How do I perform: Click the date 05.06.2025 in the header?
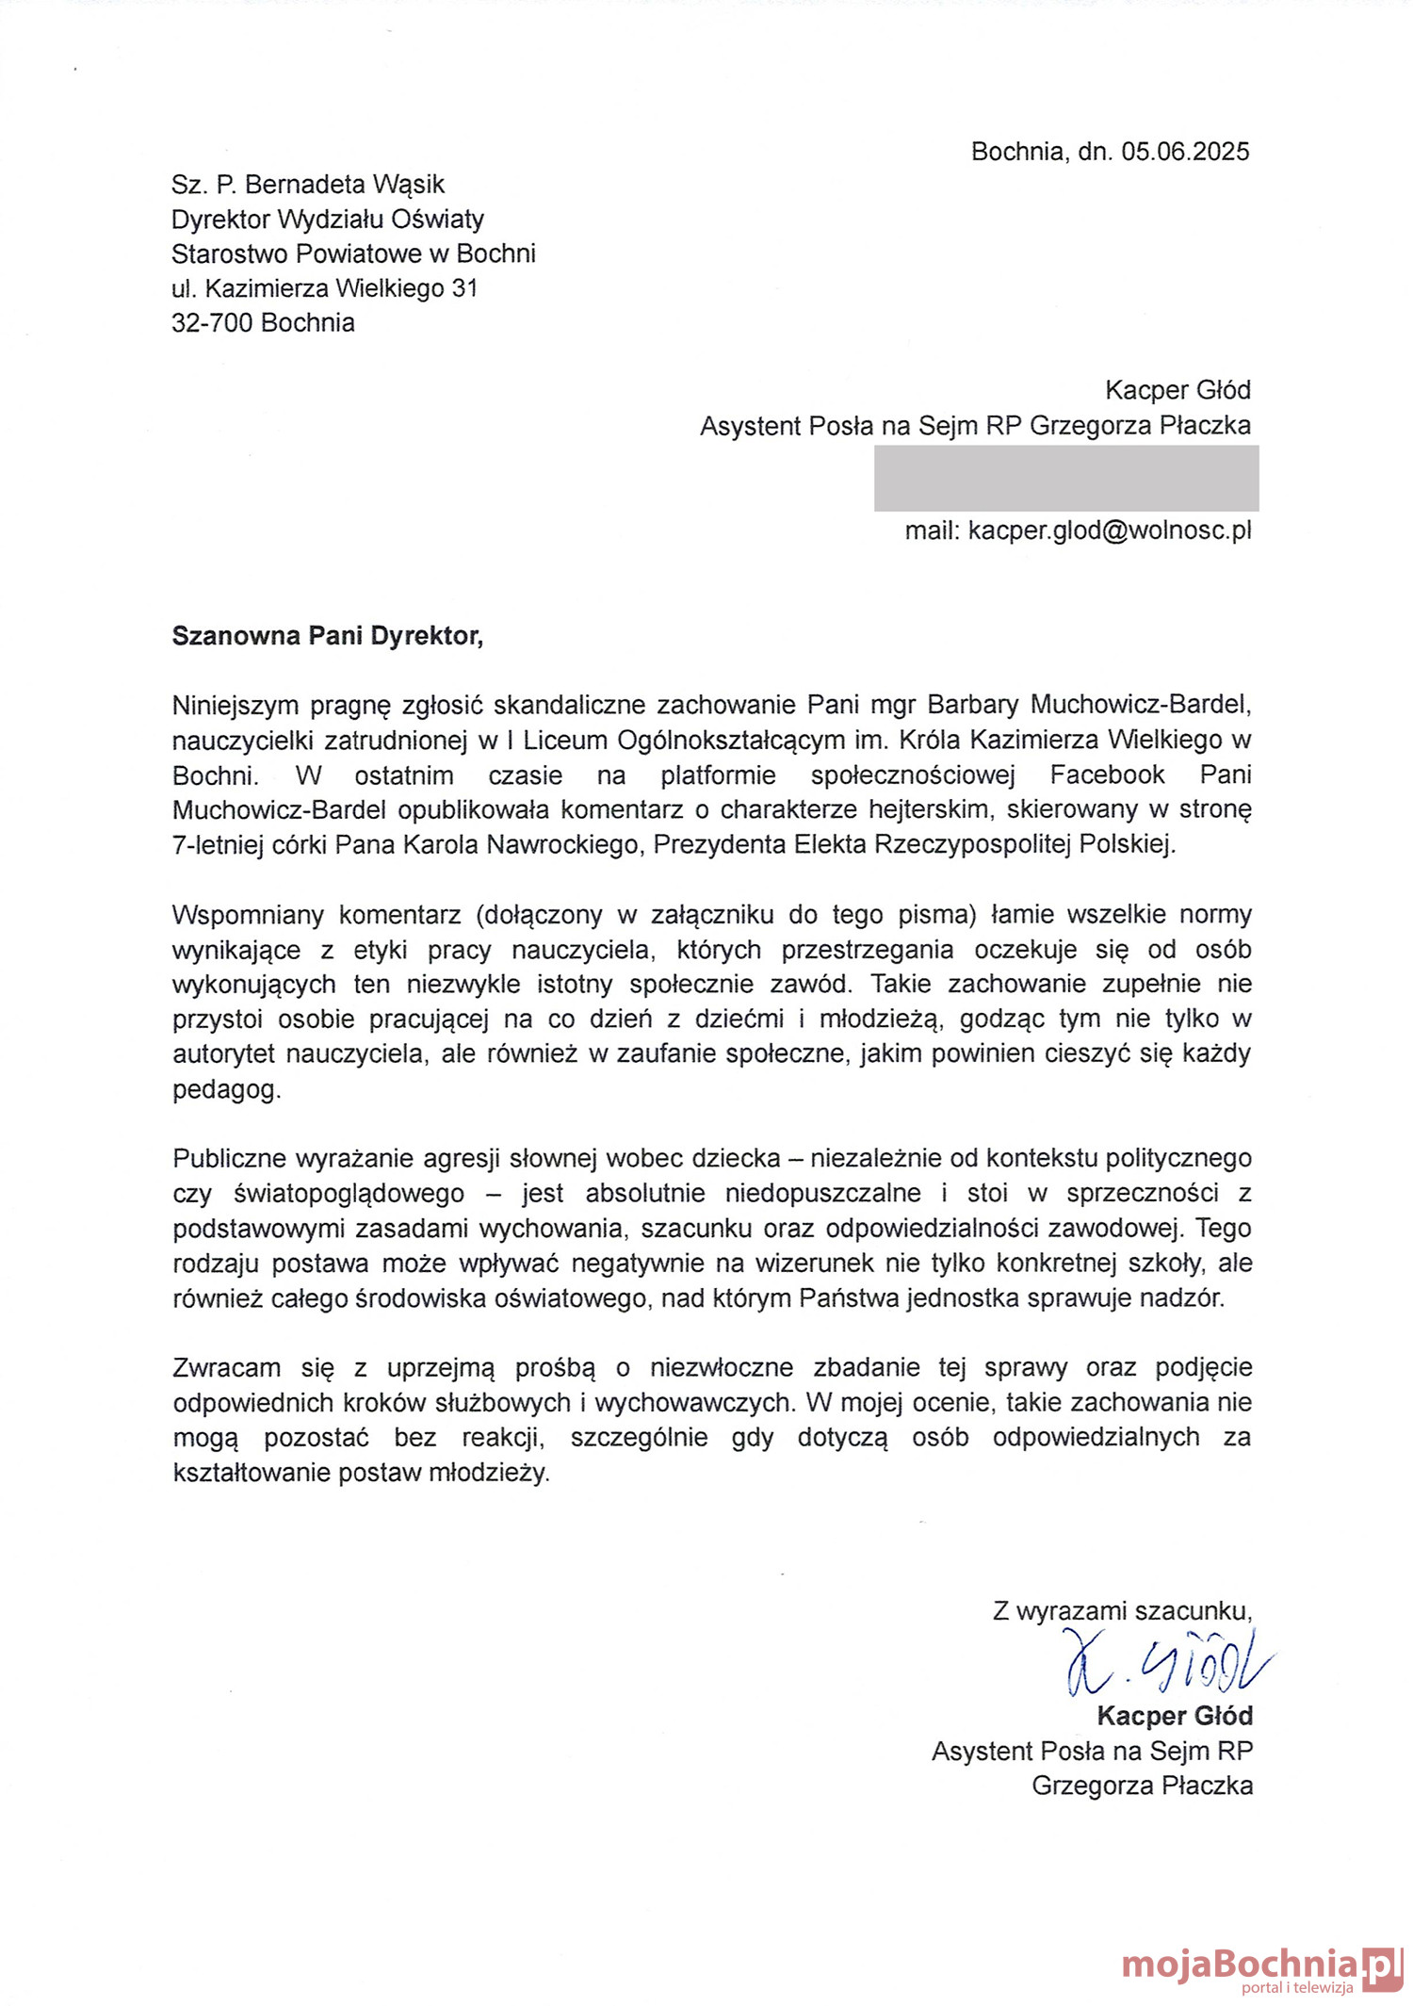pyautogui.click(x=1184, y=152)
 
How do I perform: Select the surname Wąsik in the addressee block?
pyautogui.click(x=409, y=185)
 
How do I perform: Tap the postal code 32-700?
pyautogui.click(x=213, y=323)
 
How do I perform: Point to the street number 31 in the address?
pyautogui.click(x=464, y=288)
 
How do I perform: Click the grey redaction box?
pyautogui.click(x=1065, y=479)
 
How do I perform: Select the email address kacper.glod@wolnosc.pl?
pyautogui.click(x=1110, y=530)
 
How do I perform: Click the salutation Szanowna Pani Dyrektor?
pyautogui.click(x=327, y=636)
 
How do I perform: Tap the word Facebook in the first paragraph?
pyautogui.click(x=1107, y=775)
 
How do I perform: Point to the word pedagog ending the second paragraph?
pyautogui.click(x=226, y=1089)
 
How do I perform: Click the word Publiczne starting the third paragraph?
pyautogui.click(x=230, y=1158)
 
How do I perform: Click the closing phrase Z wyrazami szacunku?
pyautogui.click(x=1122, y=1610)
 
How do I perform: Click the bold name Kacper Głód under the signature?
pyautogui.click(x=1174, y=1716)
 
